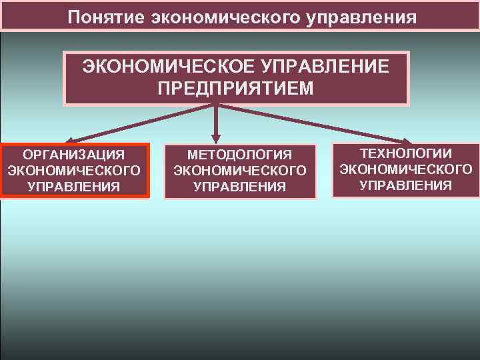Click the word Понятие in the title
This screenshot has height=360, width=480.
tap(106, 16)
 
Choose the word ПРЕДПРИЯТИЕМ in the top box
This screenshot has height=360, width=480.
tap(235, 89)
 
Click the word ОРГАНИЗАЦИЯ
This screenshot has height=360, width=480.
tap(74, 155)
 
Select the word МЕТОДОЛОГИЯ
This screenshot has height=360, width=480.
tap(239, 155)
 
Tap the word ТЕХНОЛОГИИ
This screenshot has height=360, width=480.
tap(405, 153)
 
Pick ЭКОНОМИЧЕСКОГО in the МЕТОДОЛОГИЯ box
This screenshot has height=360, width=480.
tap(239, 171)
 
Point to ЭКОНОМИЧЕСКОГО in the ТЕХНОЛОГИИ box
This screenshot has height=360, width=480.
tap(405, 169)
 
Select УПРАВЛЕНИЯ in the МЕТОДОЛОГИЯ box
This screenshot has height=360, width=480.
tap(239, 187)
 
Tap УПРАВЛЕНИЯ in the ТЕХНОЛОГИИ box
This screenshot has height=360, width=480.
tap(405, 185)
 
